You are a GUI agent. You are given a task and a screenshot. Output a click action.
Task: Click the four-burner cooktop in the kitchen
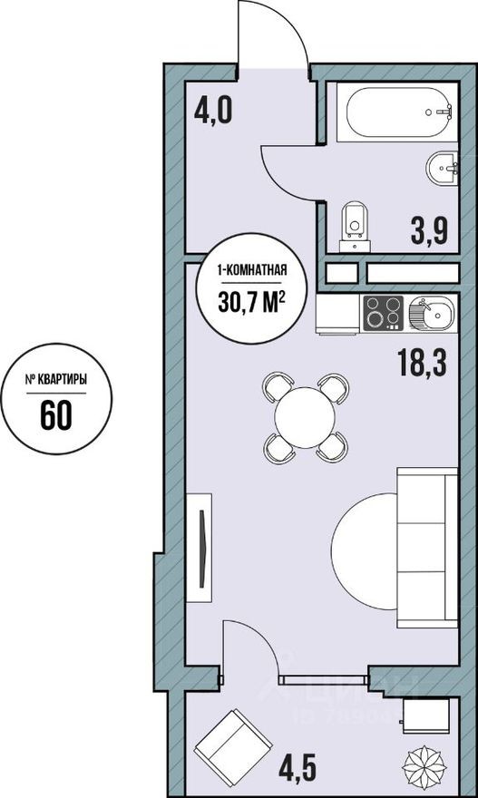click(383, 314)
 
